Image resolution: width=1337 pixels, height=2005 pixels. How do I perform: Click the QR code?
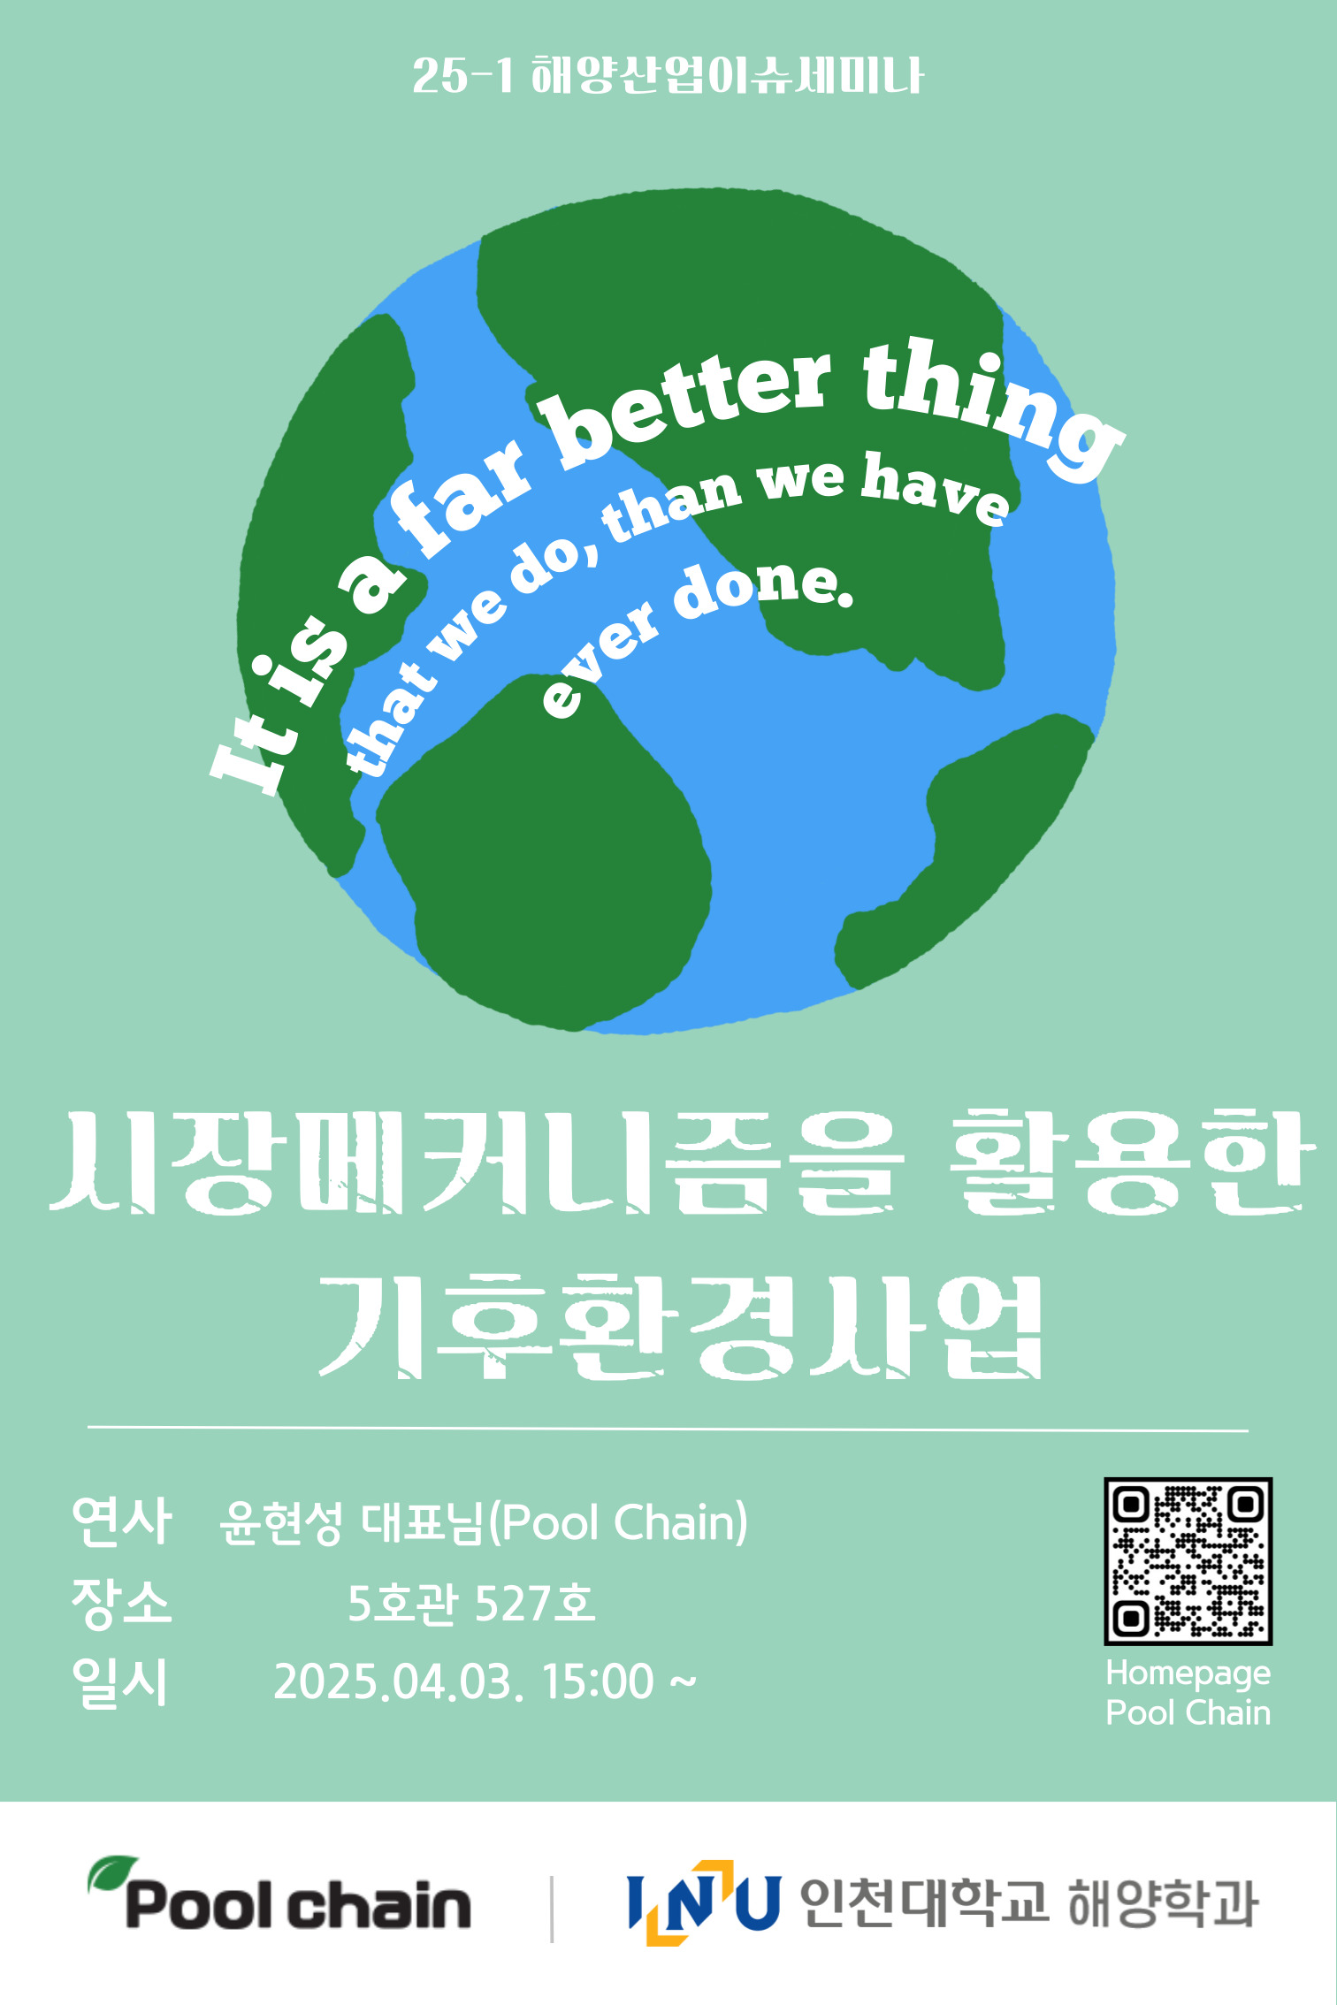click(1188, 1560)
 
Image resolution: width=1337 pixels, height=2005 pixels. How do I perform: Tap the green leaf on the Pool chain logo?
click(112, 1873)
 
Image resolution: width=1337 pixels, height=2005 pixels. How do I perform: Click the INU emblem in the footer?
click(703, 1902)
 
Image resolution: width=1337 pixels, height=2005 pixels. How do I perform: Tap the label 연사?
click(121, 1521)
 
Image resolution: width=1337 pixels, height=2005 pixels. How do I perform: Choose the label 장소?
click(121, 1602)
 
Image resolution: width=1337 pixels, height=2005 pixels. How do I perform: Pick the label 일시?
click(121, 1681)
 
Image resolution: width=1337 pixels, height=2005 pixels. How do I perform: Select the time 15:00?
click(598, 1682)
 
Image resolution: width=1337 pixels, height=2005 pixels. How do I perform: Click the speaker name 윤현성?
click(280, 1522)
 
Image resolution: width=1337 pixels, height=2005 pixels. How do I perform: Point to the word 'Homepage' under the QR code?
click(1188, 1673)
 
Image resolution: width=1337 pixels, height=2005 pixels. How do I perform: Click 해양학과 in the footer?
click(1164, 1902)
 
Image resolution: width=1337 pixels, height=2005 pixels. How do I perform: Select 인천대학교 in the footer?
click(924, 1902)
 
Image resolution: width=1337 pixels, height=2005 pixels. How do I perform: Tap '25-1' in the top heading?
click(462, 76)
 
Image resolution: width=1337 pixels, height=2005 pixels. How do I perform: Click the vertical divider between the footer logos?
click(552, 1910)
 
